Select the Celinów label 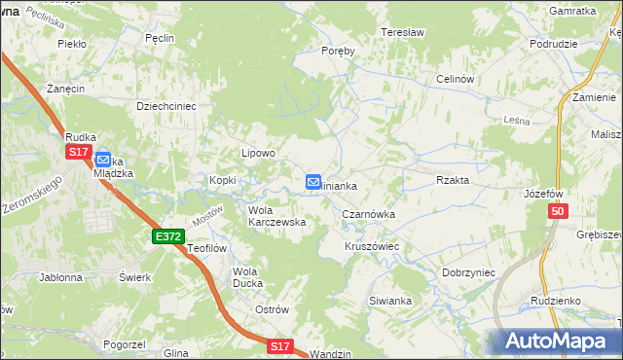coord(455,79)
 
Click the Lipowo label coord(259,153)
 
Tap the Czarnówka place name coord(368,213)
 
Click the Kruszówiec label coord(372,246)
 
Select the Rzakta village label coord(453,180)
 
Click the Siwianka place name coord(390,301)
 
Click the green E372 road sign coord(167,236)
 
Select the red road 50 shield coord(556,212)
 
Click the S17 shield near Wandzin coord(279,345)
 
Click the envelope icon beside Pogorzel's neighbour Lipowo coord(313,182)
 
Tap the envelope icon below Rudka coord(102,158)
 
